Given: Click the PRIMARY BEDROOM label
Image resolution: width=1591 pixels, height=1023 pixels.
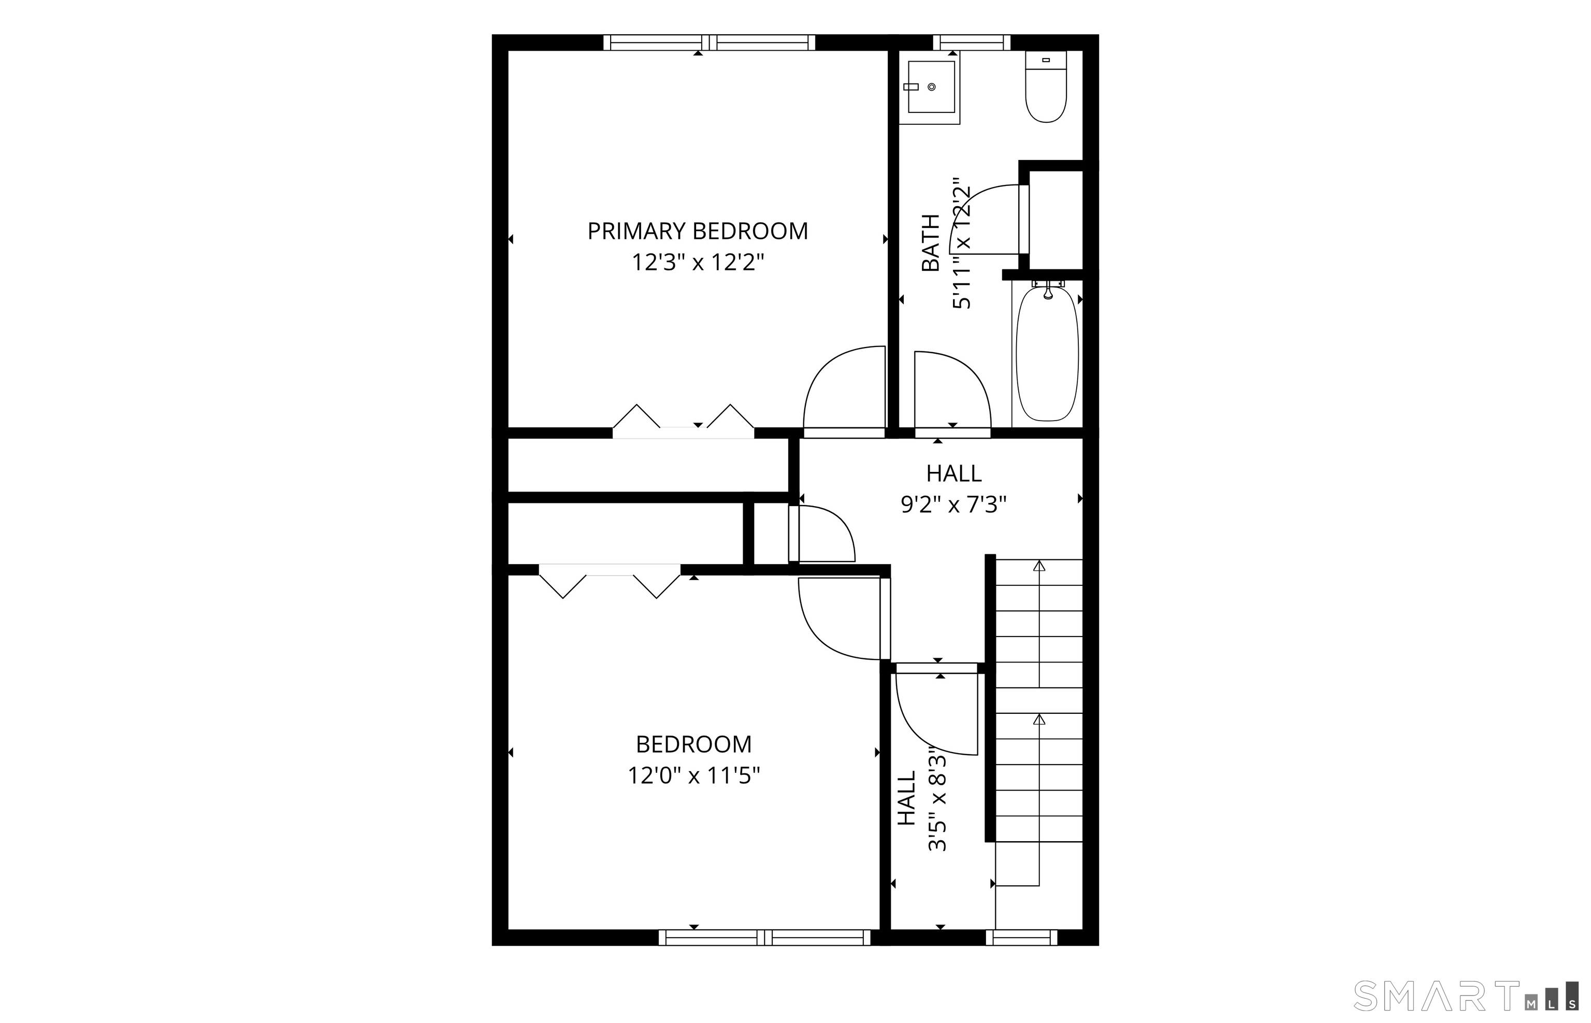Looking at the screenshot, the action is (697, 231).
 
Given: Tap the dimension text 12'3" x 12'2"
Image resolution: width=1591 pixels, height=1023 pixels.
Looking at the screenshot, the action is (697, 263).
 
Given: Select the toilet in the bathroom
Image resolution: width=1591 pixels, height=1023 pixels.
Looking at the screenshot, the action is (1046, 87).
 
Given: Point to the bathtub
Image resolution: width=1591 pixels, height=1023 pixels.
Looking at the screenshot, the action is (1047, 353).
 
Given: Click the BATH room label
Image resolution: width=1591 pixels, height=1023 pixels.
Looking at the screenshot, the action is (931, 243).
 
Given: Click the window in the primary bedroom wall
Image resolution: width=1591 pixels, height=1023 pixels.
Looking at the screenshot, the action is (709, 42).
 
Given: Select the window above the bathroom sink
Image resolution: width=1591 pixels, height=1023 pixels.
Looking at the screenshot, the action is (972, 42).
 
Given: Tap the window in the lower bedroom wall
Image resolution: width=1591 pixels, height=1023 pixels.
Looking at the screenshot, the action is (764, 938).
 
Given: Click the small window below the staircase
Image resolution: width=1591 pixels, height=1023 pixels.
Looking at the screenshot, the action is (1021, 938).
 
